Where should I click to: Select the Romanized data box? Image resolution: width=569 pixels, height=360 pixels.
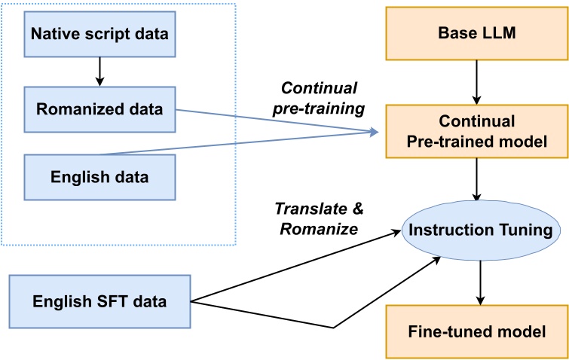click(x=100, y=109)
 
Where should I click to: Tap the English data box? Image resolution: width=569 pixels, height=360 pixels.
click(x=100, y=178)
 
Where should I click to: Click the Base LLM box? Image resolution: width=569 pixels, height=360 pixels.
click(x=475, y=35)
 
